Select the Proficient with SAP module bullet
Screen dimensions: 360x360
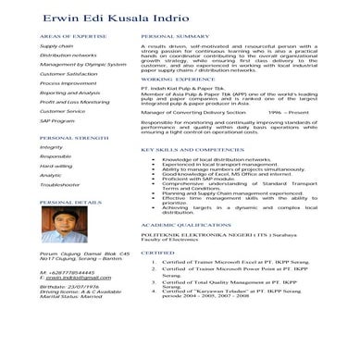coord(198,179)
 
